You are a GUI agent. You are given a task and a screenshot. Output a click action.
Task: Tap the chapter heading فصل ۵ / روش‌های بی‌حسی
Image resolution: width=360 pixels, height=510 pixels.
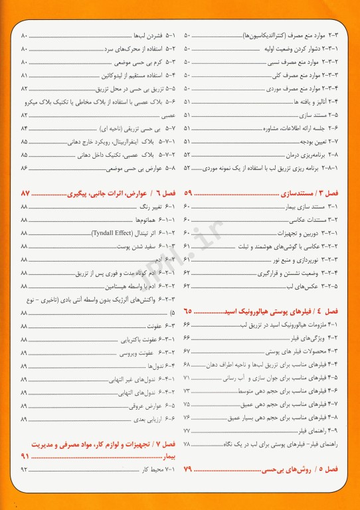(x=310, y=469)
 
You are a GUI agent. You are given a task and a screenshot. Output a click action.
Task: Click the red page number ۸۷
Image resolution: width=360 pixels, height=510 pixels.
(x=26, y=193)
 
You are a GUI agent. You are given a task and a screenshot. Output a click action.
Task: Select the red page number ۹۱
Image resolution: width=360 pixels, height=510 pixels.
(x=26, y=456)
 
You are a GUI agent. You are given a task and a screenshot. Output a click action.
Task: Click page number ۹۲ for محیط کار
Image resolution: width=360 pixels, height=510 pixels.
(x=25, y=469)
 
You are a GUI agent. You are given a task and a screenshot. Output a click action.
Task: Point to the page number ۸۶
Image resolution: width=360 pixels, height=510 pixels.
(x=25, y=168)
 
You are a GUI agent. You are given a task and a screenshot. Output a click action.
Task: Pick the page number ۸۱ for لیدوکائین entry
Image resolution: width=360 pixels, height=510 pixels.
(x=25, y=75)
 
